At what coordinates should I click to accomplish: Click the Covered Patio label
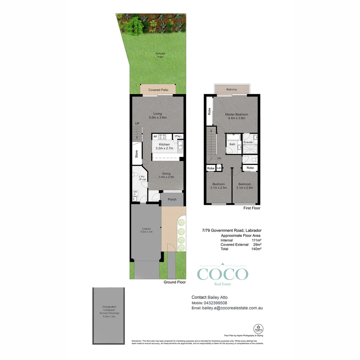158,90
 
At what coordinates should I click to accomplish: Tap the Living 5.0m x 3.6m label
158,116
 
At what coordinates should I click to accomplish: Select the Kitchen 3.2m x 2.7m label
164,146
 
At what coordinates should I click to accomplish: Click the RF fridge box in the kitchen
155,137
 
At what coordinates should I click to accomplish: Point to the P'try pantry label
178,137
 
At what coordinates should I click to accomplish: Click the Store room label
136,154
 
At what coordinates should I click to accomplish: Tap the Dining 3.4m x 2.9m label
166,175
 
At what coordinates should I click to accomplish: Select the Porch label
172,200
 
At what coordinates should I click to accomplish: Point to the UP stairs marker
137,124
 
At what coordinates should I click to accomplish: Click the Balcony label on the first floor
232,89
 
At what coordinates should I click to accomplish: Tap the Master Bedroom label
236,116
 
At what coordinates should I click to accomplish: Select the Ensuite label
248,142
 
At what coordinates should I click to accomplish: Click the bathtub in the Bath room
232,137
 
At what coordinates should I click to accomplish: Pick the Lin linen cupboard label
219,168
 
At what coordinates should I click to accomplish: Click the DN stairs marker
219,158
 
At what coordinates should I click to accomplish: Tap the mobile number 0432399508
214,303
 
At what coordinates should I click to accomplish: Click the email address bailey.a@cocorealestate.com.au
232,308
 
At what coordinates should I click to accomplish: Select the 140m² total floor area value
256,249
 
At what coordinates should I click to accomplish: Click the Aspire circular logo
258,328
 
